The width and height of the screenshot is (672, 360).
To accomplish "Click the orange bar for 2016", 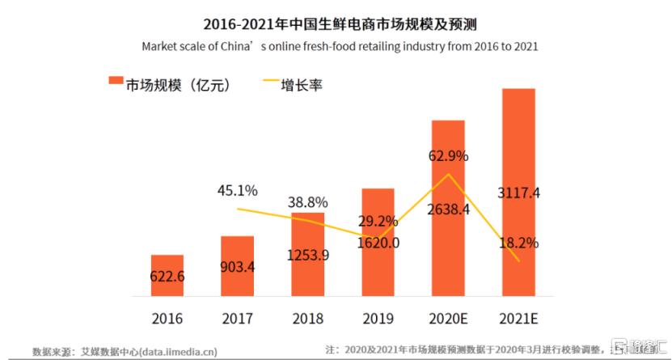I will click(x=167, y=275).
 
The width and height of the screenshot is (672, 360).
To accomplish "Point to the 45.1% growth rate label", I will click(x=237, y=191).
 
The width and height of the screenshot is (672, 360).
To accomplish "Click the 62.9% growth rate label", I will click(x=447, y=155).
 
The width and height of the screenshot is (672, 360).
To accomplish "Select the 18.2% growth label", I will click(x=518, y=242).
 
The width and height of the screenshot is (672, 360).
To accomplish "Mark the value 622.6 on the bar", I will click(x=167, y=277).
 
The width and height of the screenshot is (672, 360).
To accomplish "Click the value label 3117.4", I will click(x=518, y=193).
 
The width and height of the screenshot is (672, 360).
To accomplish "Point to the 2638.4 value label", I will click(x=447, y=209).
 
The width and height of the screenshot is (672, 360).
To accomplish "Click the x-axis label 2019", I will click(x=377, y=318).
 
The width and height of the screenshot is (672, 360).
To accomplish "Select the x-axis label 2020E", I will click(x=447, y=318).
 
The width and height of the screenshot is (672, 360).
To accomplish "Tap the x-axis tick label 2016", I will click(x=167, y=318).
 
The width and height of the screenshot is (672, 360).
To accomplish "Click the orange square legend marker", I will click(x=115, y=83).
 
